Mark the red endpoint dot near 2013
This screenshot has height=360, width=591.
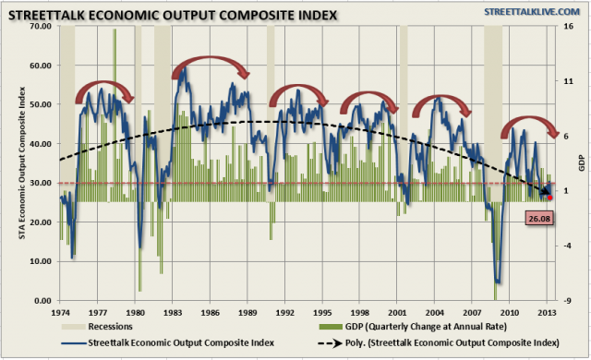pyautogui.click(x=550, y=197)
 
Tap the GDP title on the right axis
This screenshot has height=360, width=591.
pyautogui.click(x=583, y=163)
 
